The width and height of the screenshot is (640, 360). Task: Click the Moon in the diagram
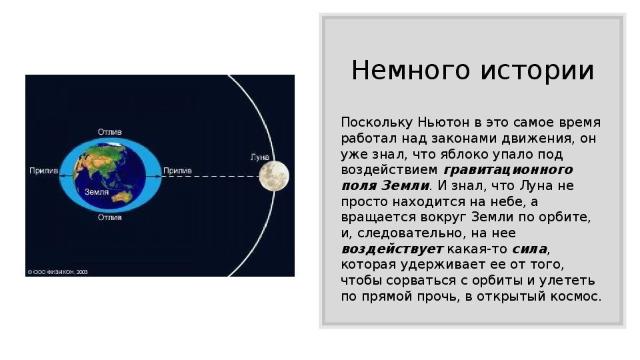pyautogui.click(x=274, y=176)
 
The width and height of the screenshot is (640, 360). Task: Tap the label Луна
pyautogui.click(x=260, y=157)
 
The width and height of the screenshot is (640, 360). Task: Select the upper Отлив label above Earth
pyautogui.click(x=110, y=132)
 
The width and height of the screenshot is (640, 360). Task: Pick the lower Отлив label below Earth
pyautogui.click(x=110, y=217)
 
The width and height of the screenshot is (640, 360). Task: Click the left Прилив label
pyautogui.click(x=44, y=171)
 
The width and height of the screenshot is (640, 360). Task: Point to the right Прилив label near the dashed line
pyautogui.click(x=177, y=171)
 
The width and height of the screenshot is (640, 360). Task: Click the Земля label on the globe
pyautogui.click(x=97, y=192)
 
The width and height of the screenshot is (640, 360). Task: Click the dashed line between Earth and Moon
pyautogui.click(x=211, y=176)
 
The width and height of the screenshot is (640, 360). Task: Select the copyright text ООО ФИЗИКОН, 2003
pyautogui.click(x=57, y=272)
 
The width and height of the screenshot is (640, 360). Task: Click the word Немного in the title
pyautogui.click(x=411, y=70)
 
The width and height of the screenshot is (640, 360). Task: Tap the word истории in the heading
pyautogui.click(x=537, y=70)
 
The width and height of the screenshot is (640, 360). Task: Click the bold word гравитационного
pyautogui.click(x=508, y=170)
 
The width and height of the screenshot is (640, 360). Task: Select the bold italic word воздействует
pyautogui.click(x=392, y=249)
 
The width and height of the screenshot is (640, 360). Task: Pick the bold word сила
pyautogui.click(x=529, y=249)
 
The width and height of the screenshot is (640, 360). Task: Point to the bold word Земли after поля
pyautogui.click(x=405, y=186)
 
